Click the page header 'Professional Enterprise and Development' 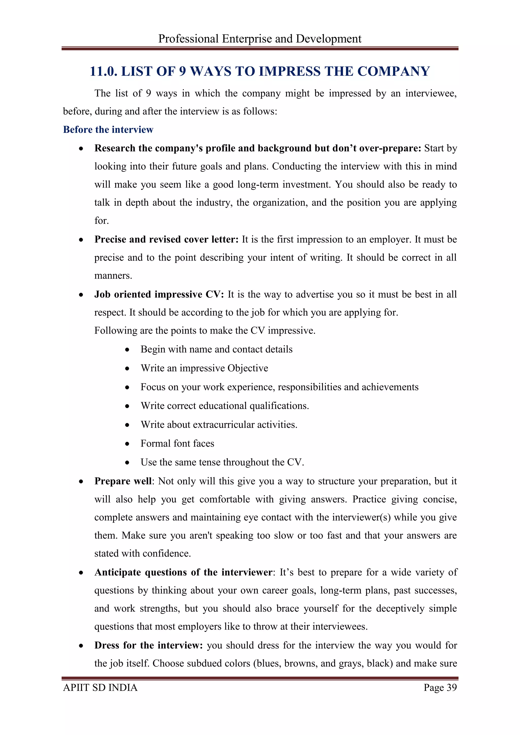pyautogui.click(x=260, y=39)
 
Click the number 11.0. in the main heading pyautogui.click(x=103, y=71)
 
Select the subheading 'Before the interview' pyautogui.click(x=108, y=129)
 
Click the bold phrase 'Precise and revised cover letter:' pyautogui.click(x=167, y=239)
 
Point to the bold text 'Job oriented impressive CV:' pyautogui.click(x=159, y=294)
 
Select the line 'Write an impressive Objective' pyautogui.click(x=204, y=368)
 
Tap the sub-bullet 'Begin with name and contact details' pyautogui.click(x=216, y=349)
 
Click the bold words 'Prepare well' pyautogui.click(x=123, y=481)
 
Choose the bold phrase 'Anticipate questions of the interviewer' pyautogui.click(x=184, y=572)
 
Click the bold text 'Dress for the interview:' pyautogui.click(x=149, y=645)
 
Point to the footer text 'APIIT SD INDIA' pyautogui.click(x=100, y=688)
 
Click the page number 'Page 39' pyautogui.click(x=440, y=688)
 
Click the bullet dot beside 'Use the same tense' pyautogui.click(x=127, y=463)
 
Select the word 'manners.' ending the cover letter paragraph pyautogui.click(x=113, y=276)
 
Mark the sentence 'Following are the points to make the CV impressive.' pyautogui.click(x=205, y=330)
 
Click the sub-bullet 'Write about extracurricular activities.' pyautogui.click(x=219, y=425)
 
